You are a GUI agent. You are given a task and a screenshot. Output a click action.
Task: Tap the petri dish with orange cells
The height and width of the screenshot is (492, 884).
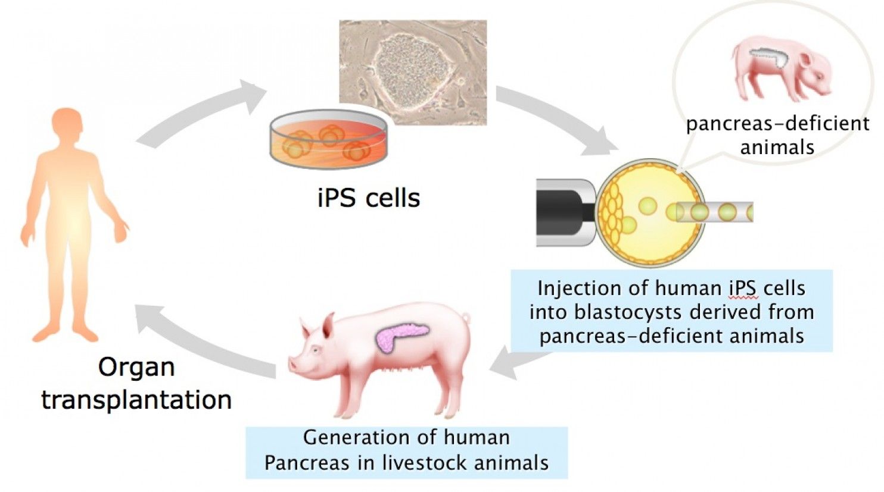coord(328,140)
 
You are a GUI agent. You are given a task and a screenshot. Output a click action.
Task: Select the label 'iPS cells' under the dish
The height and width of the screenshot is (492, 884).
coord(369,198)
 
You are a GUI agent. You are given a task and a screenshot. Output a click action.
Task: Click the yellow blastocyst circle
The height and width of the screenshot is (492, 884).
coord(650,212)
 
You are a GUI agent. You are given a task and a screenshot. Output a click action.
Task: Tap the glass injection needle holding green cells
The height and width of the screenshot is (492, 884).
coord(714,212)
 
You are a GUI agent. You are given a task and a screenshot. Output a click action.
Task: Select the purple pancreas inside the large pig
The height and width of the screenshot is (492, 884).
coord(400,336)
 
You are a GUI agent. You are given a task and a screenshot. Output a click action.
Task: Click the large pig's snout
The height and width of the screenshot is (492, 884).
coord(293,364)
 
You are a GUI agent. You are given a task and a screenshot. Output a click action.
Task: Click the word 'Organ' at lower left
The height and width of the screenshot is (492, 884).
coord(136,368)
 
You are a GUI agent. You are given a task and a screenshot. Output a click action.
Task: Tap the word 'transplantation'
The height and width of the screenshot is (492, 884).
coord(136,400)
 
